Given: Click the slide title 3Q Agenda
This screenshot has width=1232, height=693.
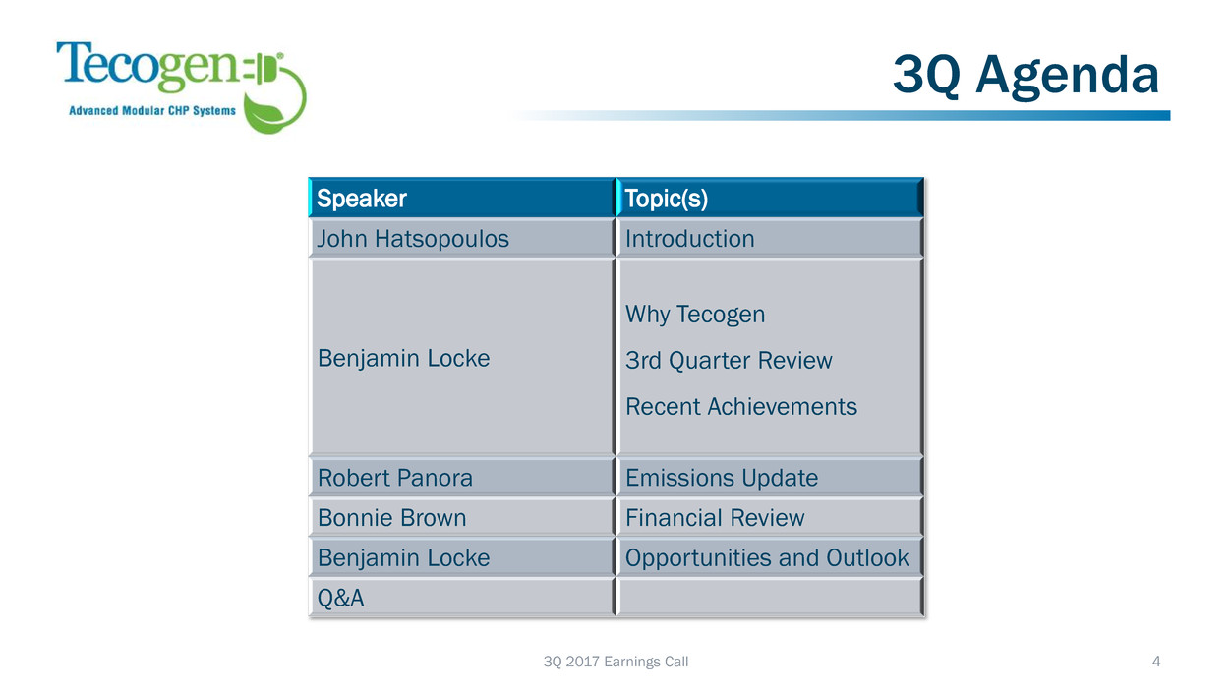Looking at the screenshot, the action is (x=1026, y=76).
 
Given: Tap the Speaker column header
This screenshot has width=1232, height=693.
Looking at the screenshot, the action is (x=461, y=198).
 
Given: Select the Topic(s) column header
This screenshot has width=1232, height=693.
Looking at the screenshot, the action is (x=770, y=198).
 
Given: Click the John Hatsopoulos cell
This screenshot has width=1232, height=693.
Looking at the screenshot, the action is (x=461, y=238).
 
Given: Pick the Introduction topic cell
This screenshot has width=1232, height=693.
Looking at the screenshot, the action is (x=770, y=238).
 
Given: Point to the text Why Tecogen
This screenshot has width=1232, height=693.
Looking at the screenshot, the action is (x=695, y=315).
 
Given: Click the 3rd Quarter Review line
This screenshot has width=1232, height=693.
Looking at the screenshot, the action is (x=729, y=360).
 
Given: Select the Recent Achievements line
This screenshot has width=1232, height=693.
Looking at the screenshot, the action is (x=741, y=406).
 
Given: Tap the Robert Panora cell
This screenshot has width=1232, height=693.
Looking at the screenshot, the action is (x=461, y=477).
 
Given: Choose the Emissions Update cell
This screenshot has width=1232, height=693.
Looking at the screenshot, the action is (x=770, y=477).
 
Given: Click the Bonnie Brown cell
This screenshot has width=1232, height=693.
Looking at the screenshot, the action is (x=461, y=517).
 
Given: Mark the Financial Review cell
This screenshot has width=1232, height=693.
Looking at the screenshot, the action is (x=770, y=517).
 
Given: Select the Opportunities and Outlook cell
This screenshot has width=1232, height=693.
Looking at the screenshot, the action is (x=770, y=557).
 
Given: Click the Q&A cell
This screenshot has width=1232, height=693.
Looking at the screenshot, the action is (x=461, y=598).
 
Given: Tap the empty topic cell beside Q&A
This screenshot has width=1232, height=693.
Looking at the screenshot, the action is (x=770, y=598).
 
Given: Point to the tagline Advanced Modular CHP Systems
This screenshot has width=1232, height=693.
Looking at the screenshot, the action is (x=152, y=110).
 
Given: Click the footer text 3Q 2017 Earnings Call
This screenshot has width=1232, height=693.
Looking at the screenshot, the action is (x=616, y=662).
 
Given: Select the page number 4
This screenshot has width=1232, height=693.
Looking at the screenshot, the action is (x=1156, y=662).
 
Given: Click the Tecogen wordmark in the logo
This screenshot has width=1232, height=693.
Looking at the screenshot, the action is (x=147, y=66).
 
